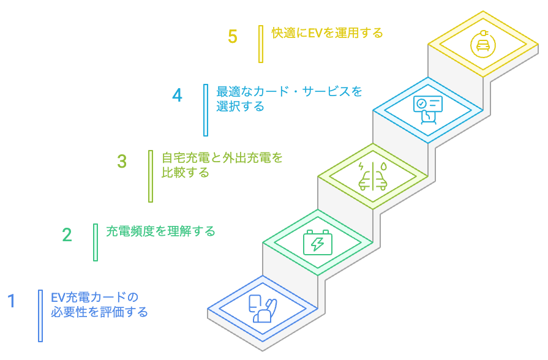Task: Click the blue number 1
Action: click(x=11, y=301)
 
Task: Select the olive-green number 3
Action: click(x=122, y=162)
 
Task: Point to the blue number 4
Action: click(x=177, y=96)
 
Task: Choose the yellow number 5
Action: click(x=233, y=37)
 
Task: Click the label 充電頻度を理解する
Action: click(x=160, y=231)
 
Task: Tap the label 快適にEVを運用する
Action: click(x=327, y=33)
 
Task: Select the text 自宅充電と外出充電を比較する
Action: click(x=222, y=165)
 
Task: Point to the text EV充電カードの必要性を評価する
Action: click(x=99, y=305)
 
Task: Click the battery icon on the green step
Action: click(x=318, y=243)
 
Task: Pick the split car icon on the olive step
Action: click(x=372, y=176)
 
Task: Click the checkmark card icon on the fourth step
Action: click(x=427, y=110)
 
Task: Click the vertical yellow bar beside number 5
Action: click(x=261, y=44)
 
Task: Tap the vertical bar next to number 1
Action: click(x=40, y=315)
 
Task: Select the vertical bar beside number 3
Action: click(x=151, y=176)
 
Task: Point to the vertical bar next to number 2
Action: click(x=96, y=242)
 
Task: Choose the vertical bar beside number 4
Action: click(x=206, y=110)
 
